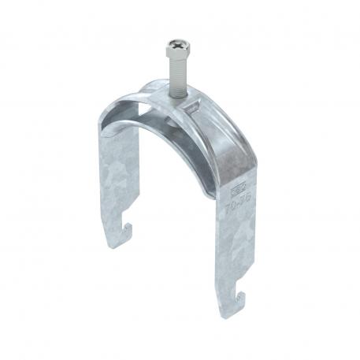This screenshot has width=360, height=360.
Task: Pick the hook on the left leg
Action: [x=127, y=233]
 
